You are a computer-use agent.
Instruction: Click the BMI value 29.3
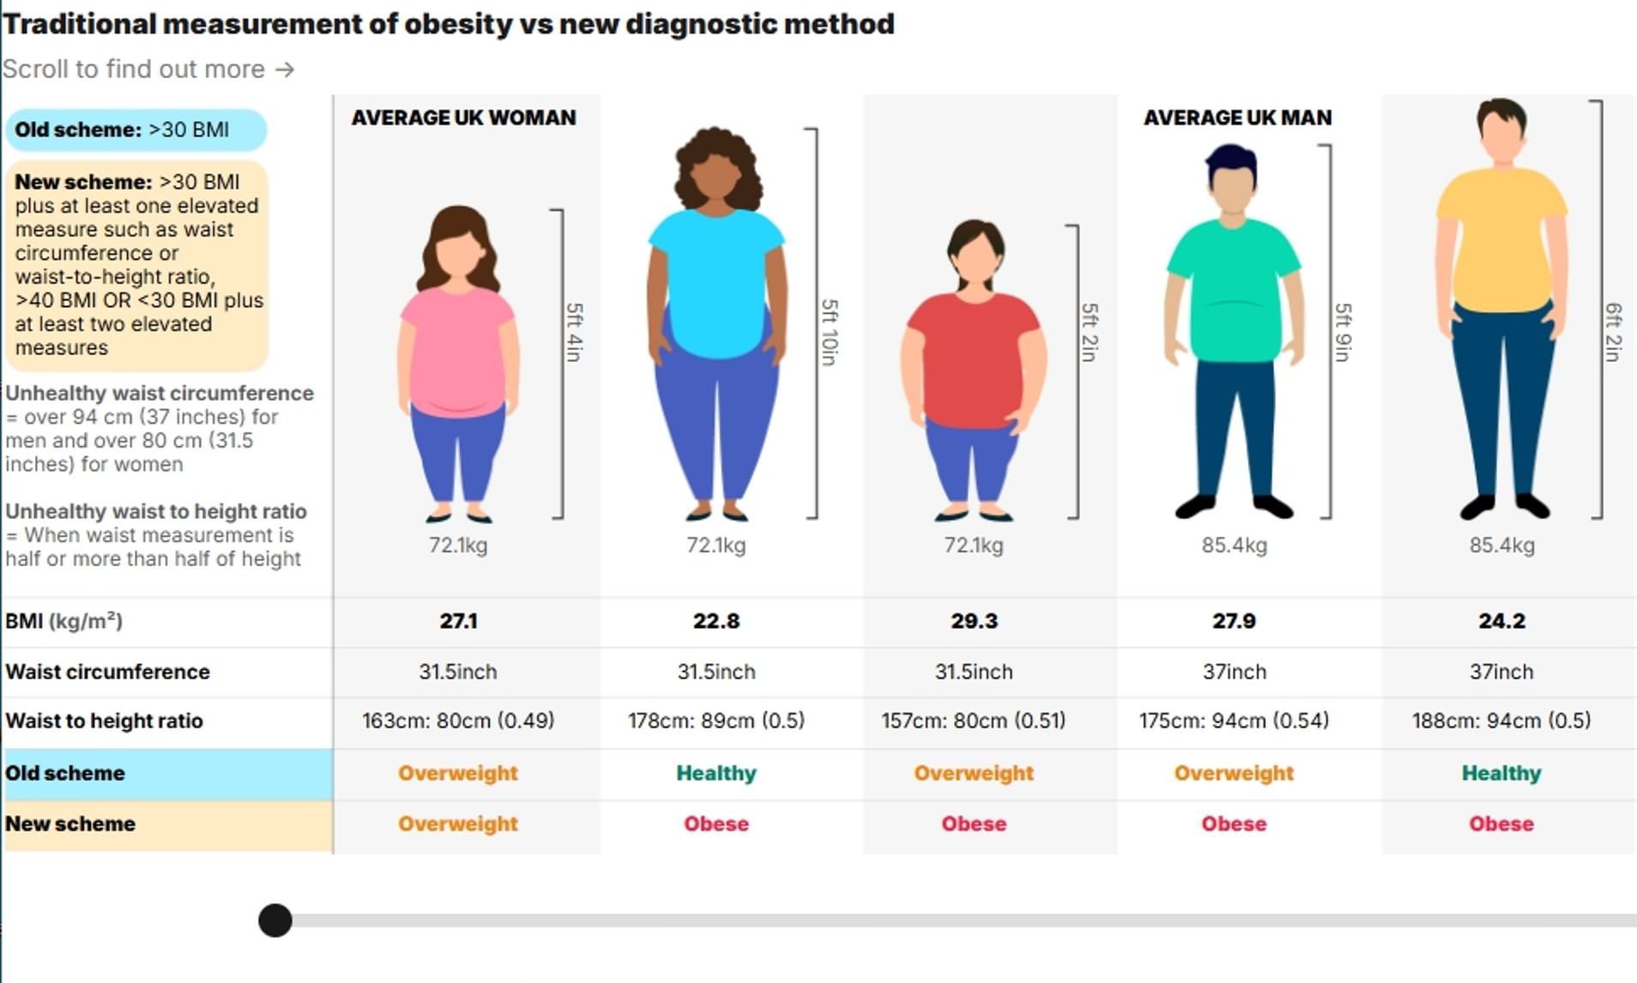(974, 621)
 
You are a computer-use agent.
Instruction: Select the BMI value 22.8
(716, 621)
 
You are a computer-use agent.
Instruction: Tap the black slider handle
(275, 920)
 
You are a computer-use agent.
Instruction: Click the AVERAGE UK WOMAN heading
(463, 118)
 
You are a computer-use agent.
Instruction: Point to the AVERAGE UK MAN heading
(1237, 118)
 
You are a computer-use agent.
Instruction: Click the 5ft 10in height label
(830, 332)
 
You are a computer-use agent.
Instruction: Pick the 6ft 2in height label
(1613, 332)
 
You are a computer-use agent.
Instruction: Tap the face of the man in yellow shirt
(1502, 137)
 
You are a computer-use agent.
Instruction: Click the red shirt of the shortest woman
(974, 360)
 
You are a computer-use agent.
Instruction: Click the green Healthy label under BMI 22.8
(716, 773)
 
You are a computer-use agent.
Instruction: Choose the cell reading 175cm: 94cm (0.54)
(1234, 721)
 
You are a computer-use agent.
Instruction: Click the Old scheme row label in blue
(65, 773)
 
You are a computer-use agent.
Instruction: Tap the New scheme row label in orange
(70, 823)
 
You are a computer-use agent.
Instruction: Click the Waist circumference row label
(107, 672)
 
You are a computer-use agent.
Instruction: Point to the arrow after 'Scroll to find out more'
(285, 69)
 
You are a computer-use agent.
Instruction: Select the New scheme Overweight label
(458, 823)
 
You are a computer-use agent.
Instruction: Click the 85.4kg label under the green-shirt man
(1234, 546)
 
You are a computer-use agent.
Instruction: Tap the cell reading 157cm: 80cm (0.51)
(974, 721)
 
